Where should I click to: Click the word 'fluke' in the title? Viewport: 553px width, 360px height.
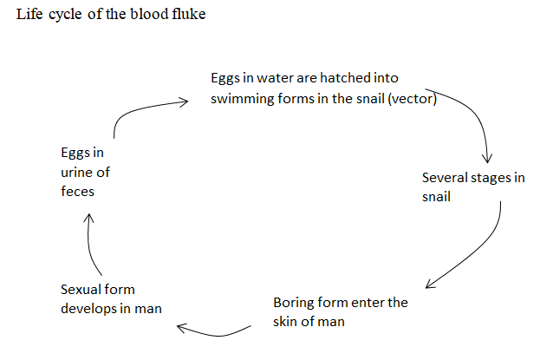click(x=188, y=16)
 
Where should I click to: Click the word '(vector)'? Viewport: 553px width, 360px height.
click(x=413, y=98)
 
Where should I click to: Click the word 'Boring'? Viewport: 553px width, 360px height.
click(x=294, y=303)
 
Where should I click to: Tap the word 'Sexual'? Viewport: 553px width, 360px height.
click(x=81, y=289)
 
